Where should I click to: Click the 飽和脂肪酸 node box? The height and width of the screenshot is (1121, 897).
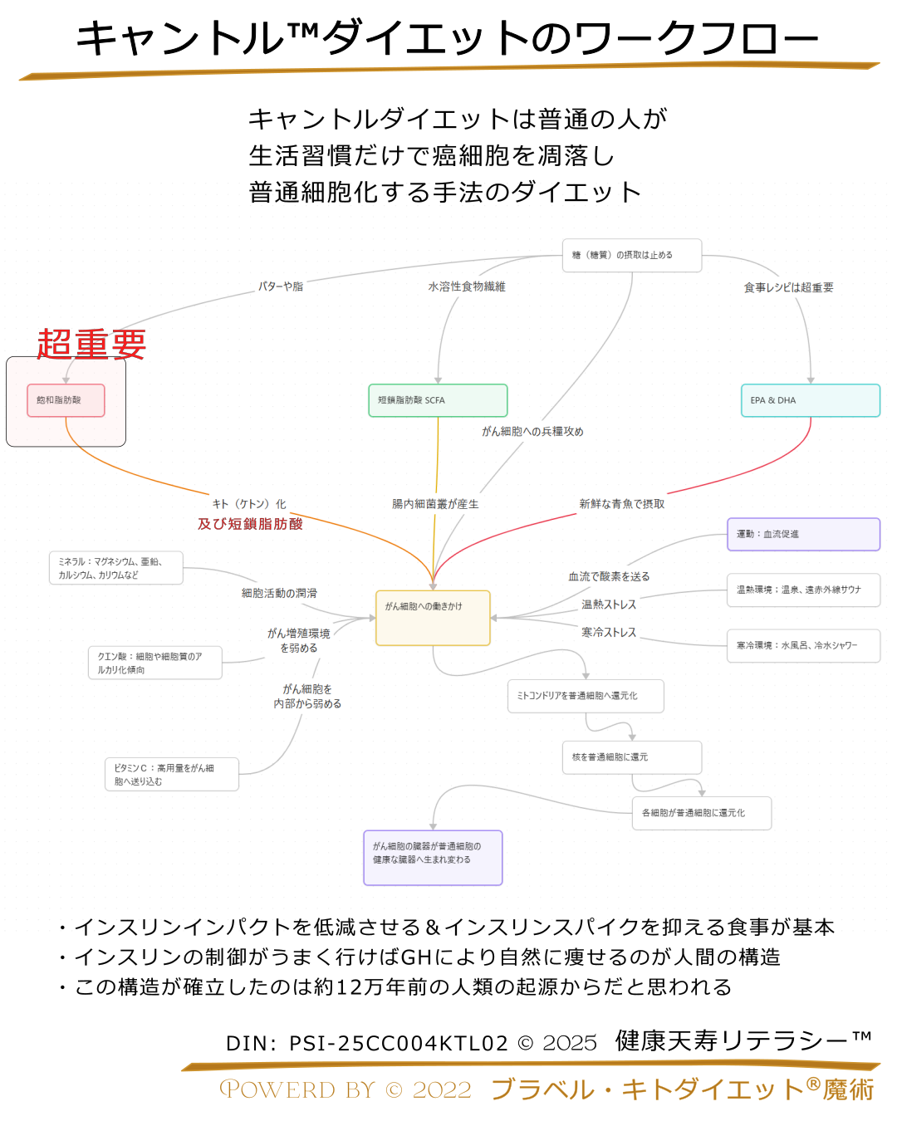[66, 400]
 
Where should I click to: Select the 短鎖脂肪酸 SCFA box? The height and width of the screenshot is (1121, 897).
[438, 400]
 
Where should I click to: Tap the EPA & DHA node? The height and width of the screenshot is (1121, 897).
[810, 400]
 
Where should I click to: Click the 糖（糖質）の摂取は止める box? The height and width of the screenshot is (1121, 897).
[631, 255]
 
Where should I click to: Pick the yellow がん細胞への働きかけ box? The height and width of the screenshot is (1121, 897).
[433, 617]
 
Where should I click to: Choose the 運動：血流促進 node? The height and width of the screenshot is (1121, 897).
[803, 534]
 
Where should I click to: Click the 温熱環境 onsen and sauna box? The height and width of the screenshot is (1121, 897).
[803, 590]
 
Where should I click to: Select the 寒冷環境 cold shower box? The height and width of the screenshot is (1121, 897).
[803, 645]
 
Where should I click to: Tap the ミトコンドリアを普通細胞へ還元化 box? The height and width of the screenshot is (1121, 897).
[586, 696]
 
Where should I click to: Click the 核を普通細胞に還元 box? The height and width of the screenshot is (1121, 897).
[631, 757]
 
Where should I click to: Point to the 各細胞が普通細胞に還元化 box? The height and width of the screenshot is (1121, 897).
[702, 813]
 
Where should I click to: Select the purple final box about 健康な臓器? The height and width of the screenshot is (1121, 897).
[433, 858]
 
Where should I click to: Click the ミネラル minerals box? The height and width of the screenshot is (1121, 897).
[115, 568]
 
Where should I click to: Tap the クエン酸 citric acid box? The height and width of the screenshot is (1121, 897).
[154, 663]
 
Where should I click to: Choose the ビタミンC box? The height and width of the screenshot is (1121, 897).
[171, 774]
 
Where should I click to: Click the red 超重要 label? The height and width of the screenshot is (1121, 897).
[91, 344]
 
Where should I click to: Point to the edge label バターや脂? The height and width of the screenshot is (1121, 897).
[281, 286]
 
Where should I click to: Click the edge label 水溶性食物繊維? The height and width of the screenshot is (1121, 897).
[467, 286]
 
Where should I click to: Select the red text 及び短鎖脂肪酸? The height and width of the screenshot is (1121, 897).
[250, 524]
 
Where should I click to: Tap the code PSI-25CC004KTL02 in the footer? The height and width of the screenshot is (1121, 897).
[398, 1043]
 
